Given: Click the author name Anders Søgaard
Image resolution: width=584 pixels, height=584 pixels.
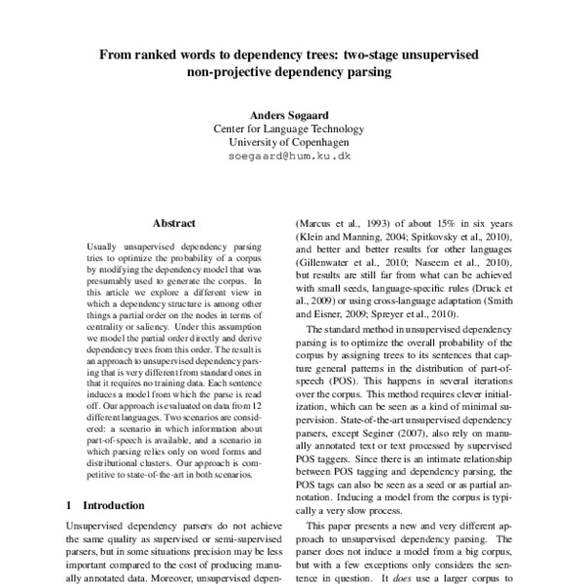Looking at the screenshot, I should point(292,115).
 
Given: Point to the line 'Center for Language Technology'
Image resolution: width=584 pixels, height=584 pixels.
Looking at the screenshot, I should point(292,128).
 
